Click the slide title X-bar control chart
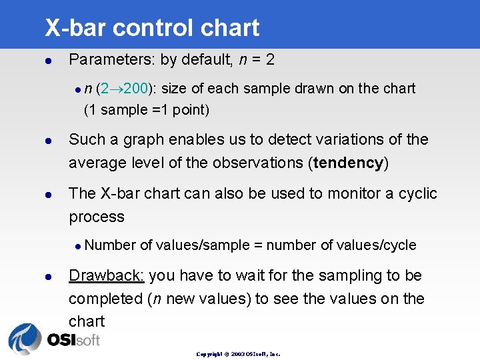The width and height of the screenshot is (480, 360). tap(152, 28)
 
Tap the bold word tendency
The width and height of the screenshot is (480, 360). tap(349, 163)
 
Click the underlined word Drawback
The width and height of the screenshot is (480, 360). tap(107, 275)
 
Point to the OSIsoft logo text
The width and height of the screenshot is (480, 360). tap(73, 340)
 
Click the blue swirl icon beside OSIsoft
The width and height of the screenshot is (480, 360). tap(25, 339)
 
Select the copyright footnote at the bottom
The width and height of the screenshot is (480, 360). tap(238, 354)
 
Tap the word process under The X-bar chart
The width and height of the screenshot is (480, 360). tap(97, 217)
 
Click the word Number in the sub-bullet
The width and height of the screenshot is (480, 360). tap(111, 245)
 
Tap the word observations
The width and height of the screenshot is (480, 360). tap(261, 163)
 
